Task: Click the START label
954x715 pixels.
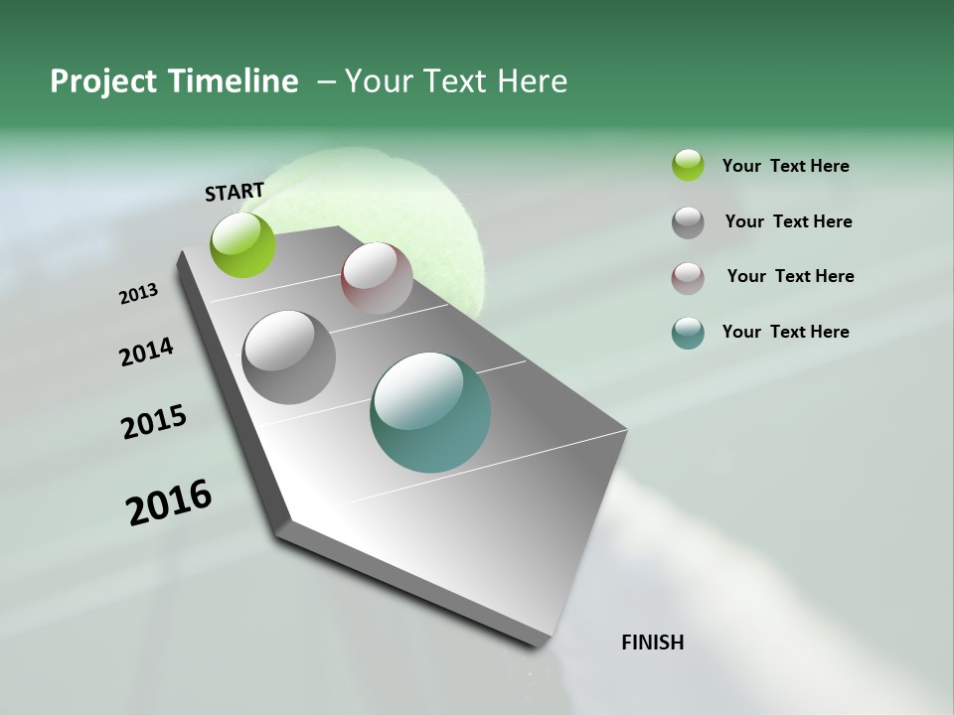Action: [235, 192]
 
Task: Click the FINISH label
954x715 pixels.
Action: [652, 643]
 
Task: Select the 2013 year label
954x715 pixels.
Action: [138, 294]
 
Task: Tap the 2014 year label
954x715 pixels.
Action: [146, 352]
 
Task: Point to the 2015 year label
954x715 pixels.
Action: [153, 422]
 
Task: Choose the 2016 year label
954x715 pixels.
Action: [169, 502]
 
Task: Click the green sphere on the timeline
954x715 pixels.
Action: [242, 244]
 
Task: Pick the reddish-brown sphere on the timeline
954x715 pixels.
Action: [377, 278]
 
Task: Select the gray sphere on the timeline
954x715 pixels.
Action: [289, 357]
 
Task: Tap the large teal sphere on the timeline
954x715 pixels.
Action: [430, 412]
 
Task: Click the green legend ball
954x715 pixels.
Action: [688, 165]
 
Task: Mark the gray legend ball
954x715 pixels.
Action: [688, 222]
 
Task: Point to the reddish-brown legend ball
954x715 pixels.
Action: [688, 278]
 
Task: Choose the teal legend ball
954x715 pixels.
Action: [688, 333]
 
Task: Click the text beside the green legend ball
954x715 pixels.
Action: [785, 167]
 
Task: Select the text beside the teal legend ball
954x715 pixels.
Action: [785, 332]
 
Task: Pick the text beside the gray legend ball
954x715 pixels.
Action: [788, 221]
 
